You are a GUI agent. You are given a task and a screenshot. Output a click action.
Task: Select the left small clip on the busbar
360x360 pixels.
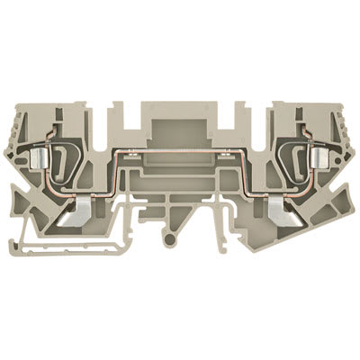[134, 156]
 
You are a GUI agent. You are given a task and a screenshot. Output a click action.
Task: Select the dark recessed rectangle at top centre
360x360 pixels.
[180, 116]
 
